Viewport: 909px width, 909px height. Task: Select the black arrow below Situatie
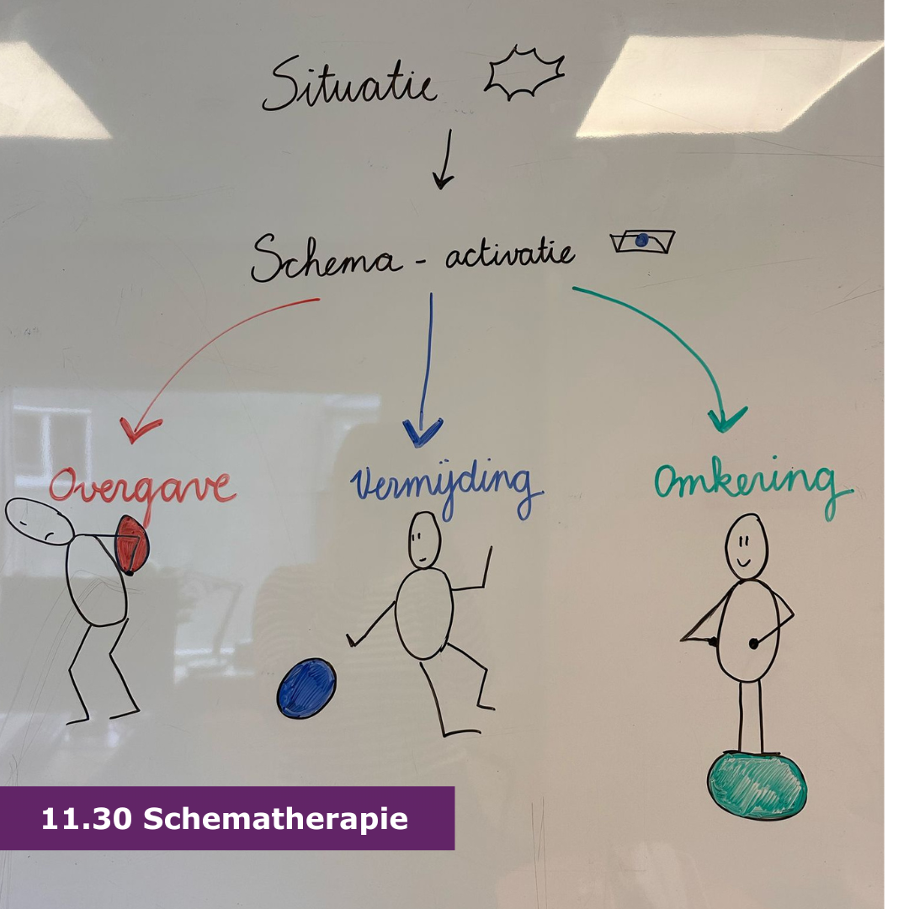[444, 159]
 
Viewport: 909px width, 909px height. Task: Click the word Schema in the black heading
[327, 258]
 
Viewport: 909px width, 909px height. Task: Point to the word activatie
[510, 254]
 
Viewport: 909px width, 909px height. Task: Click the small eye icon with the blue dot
[642, 242]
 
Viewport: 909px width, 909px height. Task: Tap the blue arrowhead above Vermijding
[423, 433]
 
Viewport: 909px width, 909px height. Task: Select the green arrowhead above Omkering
[727, 418]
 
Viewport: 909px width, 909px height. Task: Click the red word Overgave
[142, 490]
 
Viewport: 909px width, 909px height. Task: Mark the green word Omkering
[752, 483]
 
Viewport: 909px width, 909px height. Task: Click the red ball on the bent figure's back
[132, 545]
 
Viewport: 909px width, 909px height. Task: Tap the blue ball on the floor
[306, 688]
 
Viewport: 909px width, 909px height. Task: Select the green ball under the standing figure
[757, 785]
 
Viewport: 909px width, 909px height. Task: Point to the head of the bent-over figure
[39, 521]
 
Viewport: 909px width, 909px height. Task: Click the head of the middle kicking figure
[424, 540]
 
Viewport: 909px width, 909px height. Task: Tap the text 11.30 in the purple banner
[87, 819]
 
